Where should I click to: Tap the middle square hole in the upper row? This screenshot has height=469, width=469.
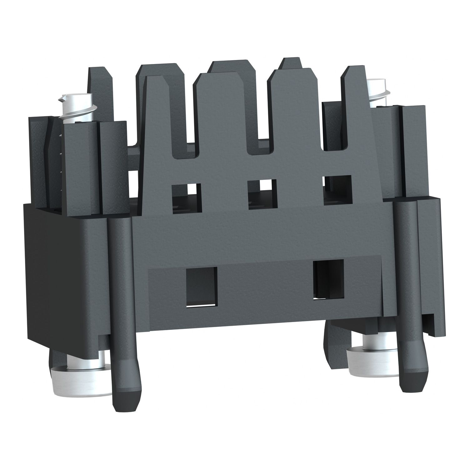click(x=262, y=193)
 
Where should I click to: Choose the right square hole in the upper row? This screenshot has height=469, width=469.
click(x=337, y=190)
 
